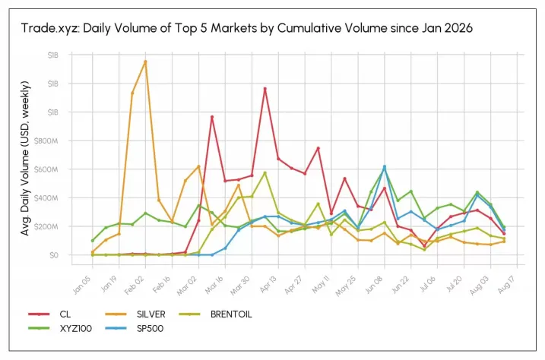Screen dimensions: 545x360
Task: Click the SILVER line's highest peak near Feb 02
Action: click(145, 62)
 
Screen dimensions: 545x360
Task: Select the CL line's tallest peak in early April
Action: click(265, 89)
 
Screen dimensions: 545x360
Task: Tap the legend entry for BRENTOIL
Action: click(216, 314)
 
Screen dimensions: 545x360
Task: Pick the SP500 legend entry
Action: click(135, 328)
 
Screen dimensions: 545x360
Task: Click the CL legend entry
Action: click(49, 314)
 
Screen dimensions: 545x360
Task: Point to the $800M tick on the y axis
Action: click(46, 141)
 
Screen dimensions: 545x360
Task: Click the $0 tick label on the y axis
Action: click(53, 255)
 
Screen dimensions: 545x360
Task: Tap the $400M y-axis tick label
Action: click(46, 198)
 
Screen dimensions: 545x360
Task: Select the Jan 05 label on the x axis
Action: click(81, 285)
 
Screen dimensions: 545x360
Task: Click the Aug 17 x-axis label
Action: click(506, 285)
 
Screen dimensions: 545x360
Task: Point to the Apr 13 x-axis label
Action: click(268, 285)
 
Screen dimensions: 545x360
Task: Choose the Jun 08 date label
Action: click(374, 285)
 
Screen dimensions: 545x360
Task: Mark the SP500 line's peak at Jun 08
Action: click(385, 166)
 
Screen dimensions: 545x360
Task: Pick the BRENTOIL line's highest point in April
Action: click(265, 172)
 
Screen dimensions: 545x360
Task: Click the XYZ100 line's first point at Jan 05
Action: click(93, 240)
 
